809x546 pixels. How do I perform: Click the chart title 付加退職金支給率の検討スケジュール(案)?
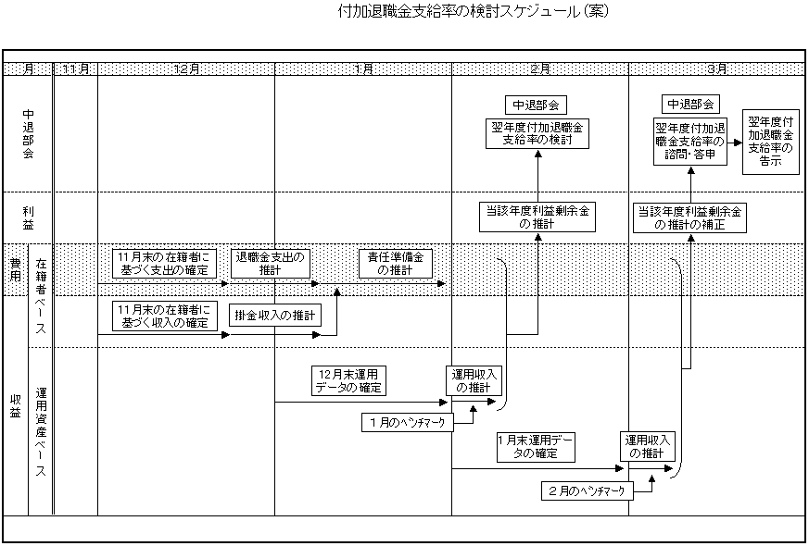[474, 13]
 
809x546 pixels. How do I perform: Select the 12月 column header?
[185, 69]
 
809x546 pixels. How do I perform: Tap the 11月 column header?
[75, 69]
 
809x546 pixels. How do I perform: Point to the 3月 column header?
[715, 69]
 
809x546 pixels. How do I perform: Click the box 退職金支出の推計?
[270, 264]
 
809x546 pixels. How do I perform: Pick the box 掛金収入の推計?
[274, 316]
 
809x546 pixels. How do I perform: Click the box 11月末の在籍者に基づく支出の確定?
[164, 264]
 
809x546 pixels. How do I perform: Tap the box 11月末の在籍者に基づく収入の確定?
[164, 316]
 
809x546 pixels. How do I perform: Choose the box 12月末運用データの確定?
[348, 380]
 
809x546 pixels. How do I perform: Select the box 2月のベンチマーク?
[586, 490]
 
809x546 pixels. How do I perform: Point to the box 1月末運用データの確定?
[536, 447]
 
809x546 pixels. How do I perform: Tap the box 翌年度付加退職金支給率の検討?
[537, 133]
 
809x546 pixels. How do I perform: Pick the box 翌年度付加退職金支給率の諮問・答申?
[689, 142]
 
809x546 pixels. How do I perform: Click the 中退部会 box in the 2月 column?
[537, 105]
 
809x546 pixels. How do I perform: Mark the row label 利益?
[29, 217]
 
